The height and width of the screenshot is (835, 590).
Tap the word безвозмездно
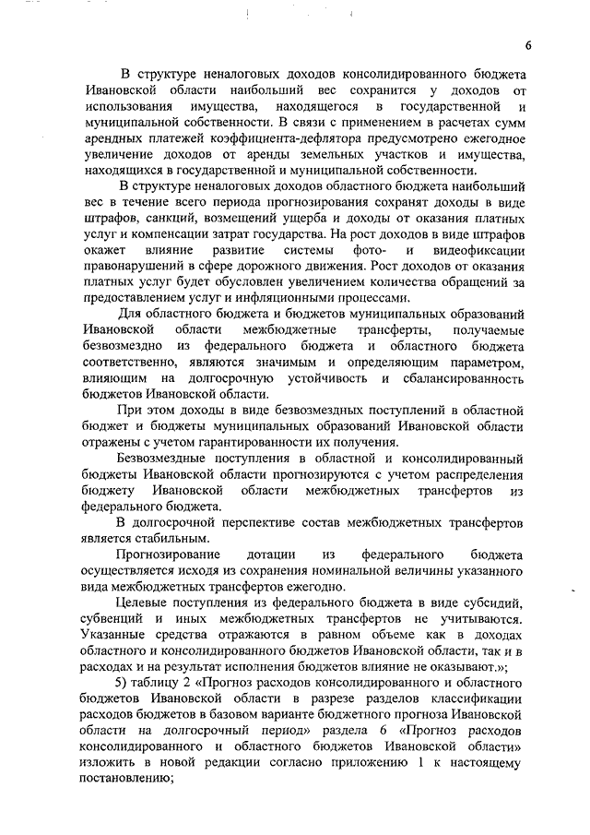pos(122,345)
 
